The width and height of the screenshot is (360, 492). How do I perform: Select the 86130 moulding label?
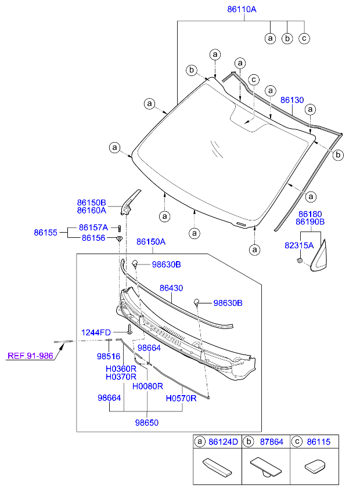click(x=292, y=100)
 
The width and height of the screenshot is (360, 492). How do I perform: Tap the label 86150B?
click(x=91, y=202)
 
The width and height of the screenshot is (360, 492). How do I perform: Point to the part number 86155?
click(x=45, y=232)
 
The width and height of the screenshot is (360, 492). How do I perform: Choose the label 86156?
click(x=93, y=238)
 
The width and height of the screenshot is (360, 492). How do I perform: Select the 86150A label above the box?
click(x=151, y=241)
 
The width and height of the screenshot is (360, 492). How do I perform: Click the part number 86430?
click(x=171, y=288)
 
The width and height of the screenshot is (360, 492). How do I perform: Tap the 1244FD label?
click(x=96, y=332)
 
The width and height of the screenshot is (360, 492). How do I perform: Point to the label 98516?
click(x=108, y=357)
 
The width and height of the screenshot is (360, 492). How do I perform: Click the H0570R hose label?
click(x=181, y=399)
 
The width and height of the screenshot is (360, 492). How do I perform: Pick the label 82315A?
click(x=298, y=245)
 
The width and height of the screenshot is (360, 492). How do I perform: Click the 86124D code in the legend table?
click(x=223, y=442)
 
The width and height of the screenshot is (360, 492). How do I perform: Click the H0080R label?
click(x=147, y=386)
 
